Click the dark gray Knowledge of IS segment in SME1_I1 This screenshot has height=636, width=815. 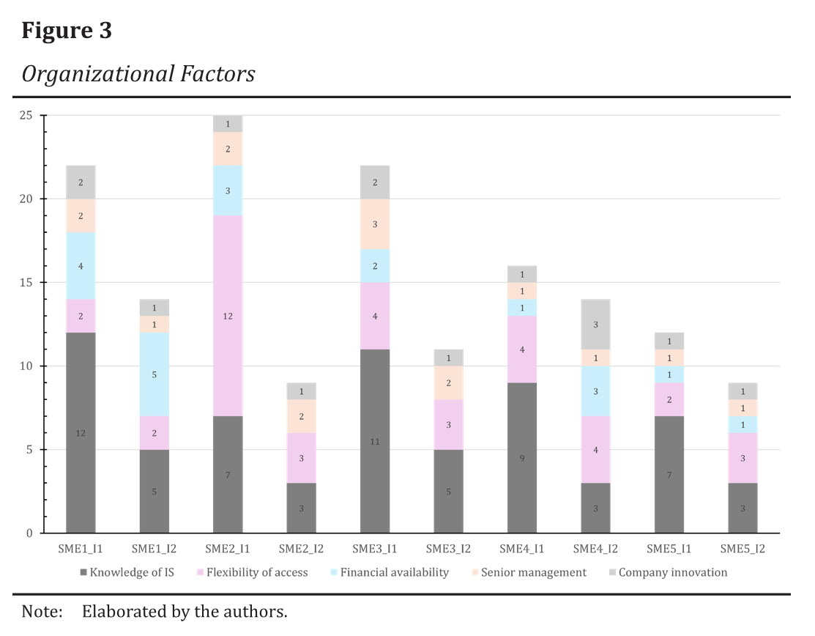pyautogui.click(x=81, y=432)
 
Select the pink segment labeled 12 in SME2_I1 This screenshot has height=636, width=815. pyautogui.click(x=228, y=316)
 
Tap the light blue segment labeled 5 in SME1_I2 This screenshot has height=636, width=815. pyautogui.click(x=154, y=374)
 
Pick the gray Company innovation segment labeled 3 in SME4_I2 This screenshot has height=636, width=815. pyautogui.click(x=595, y=324)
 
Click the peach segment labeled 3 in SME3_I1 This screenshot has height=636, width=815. pyautogui.click(x=375, y=224)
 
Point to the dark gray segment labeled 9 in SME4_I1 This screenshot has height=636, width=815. pyautogui.click(x=522, y=458)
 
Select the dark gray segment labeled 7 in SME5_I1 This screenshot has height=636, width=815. pyautogui.click(x=669, y=475)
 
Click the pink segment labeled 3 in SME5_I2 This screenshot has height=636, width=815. pyautogui.click(x=743, y=458)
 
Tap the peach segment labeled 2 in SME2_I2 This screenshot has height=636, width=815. pyautogui.click(x=301, y=416)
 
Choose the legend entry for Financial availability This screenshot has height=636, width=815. pyautogui.click(x=394, y=572)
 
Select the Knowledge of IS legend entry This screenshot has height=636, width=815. pyautogui.click(x=136, y=572)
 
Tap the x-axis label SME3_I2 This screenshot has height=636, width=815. pyautogui.click(x=448, y=548)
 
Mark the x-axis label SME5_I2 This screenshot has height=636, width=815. pyautogui.click(x=742, y=548)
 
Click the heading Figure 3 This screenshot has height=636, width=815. pyautogui.click(x=67, y=31)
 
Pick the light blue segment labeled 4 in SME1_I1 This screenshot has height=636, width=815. pyautogui.click(x=81, y=266)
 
